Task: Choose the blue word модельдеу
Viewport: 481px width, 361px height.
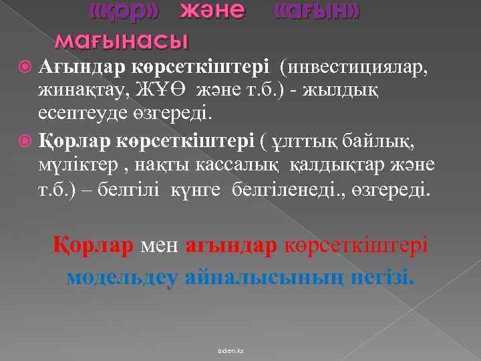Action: (x=122, y=276)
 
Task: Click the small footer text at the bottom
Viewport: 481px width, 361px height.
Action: (x=234, y=350)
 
